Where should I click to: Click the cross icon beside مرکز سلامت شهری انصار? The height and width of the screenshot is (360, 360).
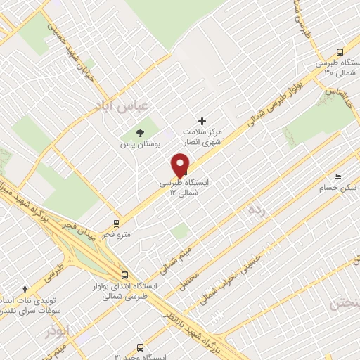(x=202, y=121)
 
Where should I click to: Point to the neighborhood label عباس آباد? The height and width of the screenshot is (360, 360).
(x=122, y=105)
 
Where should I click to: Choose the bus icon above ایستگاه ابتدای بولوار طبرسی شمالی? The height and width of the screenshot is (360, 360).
(x=124, y=275)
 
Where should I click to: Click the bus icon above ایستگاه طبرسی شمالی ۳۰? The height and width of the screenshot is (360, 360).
(x=340, y=52)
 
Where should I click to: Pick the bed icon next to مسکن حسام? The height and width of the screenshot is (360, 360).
(x=337, y=176)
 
